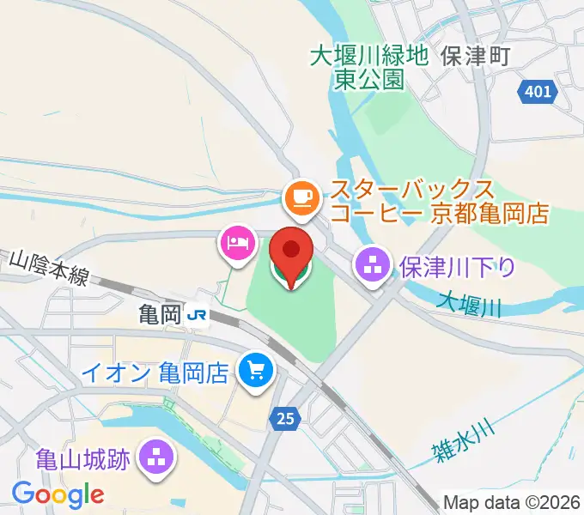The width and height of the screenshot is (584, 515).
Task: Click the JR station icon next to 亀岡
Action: point(198,316)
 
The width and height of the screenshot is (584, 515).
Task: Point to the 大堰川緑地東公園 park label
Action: point(369,68)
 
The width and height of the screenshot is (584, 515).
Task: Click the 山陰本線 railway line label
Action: point(50,266)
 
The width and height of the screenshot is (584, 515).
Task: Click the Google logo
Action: point(58,494)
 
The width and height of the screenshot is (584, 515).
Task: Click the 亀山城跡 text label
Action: point(83,458)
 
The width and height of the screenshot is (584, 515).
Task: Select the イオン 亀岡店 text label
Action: point(154,373)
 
